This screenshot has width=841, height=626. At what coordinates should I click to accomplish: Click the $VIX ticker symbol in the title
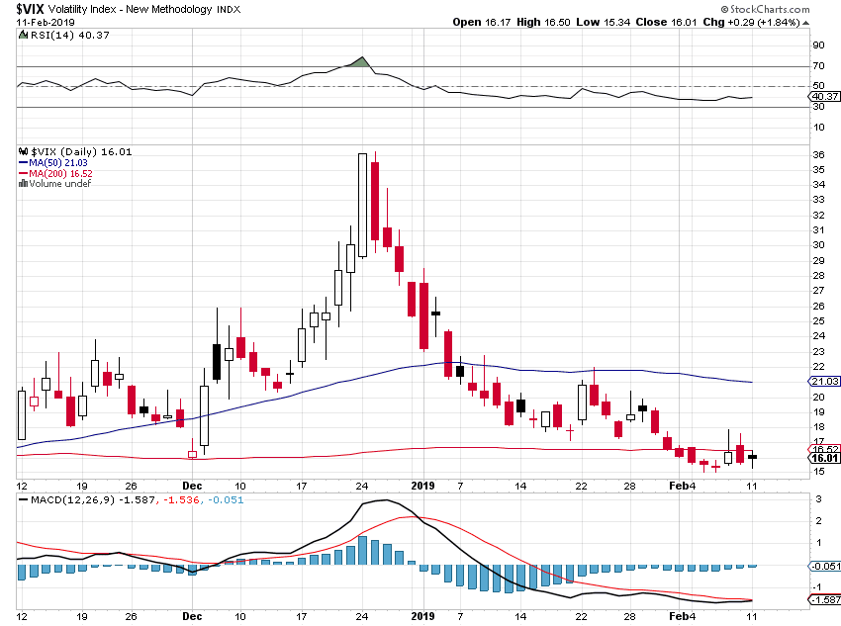(x=30, y=9)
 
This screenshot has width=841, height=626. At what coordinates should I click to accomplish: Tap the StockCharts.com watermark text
(x=766, y=9)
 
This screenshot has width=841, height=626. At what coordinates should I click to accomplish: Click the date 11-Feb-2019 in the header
(x=46, y=23)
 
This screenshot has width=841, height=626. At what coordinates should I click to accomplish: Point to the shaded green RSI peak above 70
(x=362, y=62)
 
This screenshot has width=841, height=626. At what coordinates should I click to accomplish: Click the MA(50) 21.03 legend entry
(x=58, y=163)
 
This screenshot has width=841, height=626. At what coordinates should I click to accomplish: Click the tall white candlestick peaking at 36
(x=362, y=206)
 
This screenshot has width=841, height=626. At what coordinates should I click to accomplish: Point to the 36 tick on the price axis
(x=818, y=155)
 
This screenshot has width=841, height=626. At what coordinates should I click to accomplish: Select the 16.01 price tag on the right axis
(x=824, y=458)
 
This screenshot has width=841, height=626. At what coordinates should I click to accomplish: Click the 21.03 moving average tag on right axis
(x=824, y=381)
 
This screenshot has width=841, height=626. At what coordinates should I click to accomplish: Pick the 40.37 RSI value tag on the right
(x=824, y=97)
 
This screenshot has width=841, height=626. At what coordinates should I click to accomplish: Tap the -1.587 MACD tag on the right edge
(x=824, y=599)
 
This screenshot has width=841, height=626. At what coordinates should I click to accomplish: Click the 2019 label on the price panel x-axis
(x=422, y=486)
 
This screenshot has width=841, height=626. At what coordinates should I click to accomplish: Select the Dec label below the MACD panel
(x=192, y=616)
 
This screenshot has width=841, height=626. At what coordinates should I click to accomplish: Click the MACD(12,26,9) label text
(x=73, y=500)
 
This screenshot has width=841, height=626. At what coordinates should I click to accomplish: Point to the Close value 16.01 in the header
(x=667, y=23)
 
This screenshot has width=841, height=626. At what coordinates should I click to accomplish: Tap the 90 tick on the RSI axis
(x=818, y=45)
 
